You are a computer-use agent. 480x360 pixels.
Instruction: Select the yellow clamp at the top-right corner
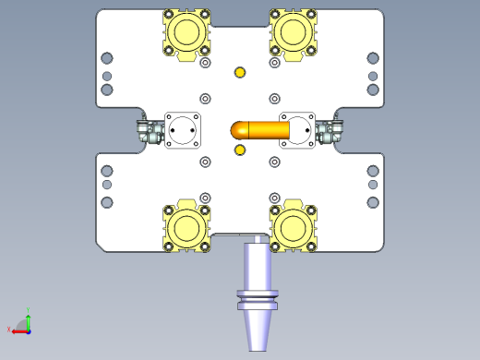pyautogui.click(x=294, y=34)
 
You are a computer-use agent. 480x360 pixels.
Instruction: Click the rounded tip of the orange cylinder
pyautogui.click(x=236, y=131)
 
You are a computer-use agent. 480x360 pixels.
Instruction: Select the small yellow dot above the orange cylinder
pyautogui.click(x=240, y=73)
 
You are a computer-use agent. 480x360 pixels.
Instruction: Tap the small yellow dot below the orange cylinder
pyautogui.click(x=240, y=150)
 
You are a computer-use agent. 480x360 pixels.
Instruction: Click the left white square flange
pyautogui.click(x=183, y=130)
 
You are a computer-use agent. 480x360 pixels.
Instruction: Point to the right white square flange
pyautogui.click(x=297, y=130)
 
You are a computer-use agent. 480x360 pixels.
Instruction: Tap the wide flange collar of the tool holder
pyautogui.click(x=257, y=296)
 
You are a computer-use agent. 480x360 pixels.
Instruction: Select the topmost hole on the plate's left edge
pyautogui.click(x=107, y=58)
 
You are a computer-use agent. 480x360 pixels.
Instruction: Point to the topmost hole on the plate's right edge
pyautogui.click(x=373, y=58)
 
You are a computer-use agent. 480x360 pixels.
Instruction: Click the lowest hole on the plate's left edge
pyautogui.click(x=107, y=200)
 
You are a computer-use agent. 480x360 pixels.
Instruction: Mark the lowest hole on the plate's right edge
pyautogui.click(x=373, y=200)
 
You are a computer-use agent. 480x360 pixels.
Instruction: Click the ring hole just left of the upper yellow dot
pyautogui.click(x=205, y=64)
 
